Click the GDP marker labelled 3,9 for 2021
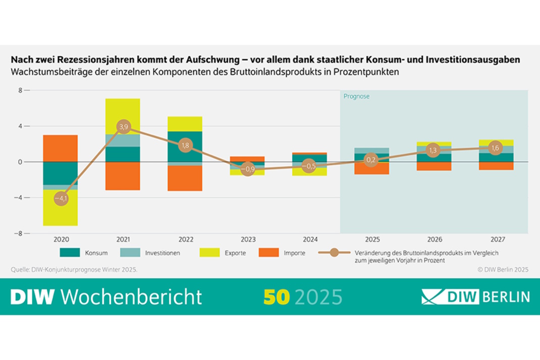[123, 126]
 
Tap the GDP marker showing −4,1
[61, 198]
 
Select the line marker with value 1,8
[185, 145]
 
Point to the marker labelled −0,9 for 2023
[247, 170]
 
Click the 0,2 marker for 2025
[371, 160]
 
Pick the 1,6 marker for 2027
[496, 147]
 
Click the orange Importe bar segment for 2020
[61, 148]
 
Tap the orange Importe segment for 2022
[185, 178]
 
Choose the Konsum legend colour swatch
[70, 252]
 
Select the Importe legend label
[294, 253]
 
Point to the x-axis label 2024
[309, 239]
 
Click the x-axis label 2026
[434, 239]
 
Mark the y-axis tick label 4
[20, 126]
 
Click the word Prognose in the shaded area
[356, 96]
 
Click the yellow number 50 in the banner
[277, 296]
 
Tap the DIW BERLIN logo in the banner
[475, 296]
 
